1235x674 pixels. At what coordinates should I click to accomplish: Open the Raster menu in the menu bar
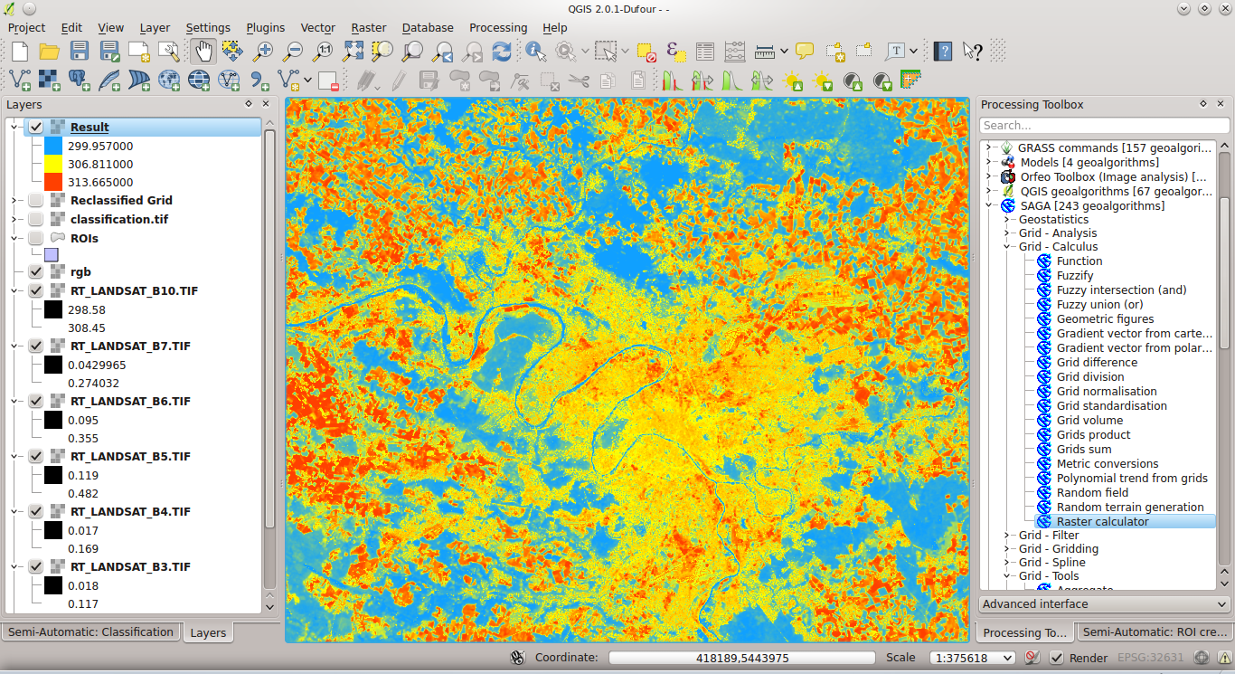coord(369,28)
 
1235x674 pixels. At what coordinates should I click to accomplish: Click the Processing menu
coord(498,28)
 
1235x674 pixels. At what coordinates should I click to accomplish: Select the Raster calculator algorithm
coord(1102,522)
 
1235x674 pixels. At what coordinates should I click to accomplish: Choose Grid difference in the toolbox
coord(1097,363)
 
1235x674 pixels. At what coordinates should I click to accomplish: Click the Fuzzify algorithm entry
coord(1074,276)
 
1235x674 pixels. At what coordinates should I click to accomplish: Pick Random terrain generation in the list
coord(1129,508)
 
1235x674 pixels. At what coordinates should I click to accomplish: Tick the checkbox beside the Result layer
coord(36,128)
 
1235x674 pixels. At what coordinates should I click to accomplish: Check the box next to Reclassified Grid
coord(36,201)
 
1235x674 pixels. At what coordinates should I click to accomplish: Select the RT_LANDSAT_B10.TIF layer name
coord(134,291)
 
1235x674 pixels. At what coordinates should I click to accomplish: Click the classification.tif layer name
coord(118,220)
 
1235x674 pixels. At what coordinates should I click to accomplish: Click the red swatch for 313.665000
coord(53,183)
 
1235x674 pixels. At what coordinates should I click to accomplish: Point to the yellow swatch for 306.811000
coord(53,165)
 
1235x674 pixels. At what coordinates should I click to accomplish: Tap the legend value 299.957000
coord(100,147)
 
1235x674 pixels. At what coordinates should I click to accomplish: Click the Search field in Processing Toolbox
coord(1104,126)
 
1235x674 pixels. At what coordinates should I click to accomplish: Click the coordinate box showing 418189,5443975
coord(741,658)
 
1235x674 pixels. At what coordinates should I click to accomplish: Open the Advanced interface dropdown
coord(1104,604)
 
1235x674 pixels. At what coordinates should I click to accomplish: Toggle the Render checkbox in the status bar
coord(1056,658)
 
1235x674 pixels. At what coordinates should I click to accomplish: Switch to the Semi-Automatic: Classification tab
coord(90,632)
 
